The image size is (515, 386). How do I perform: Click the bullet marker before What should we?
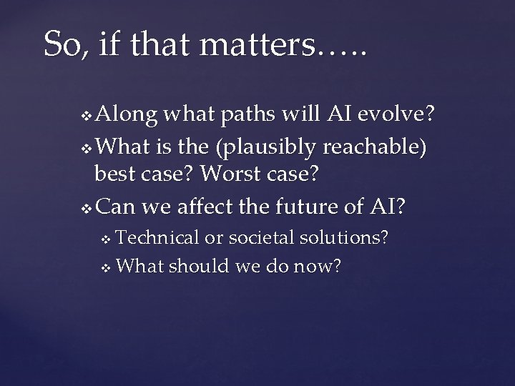coord(107,268)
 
